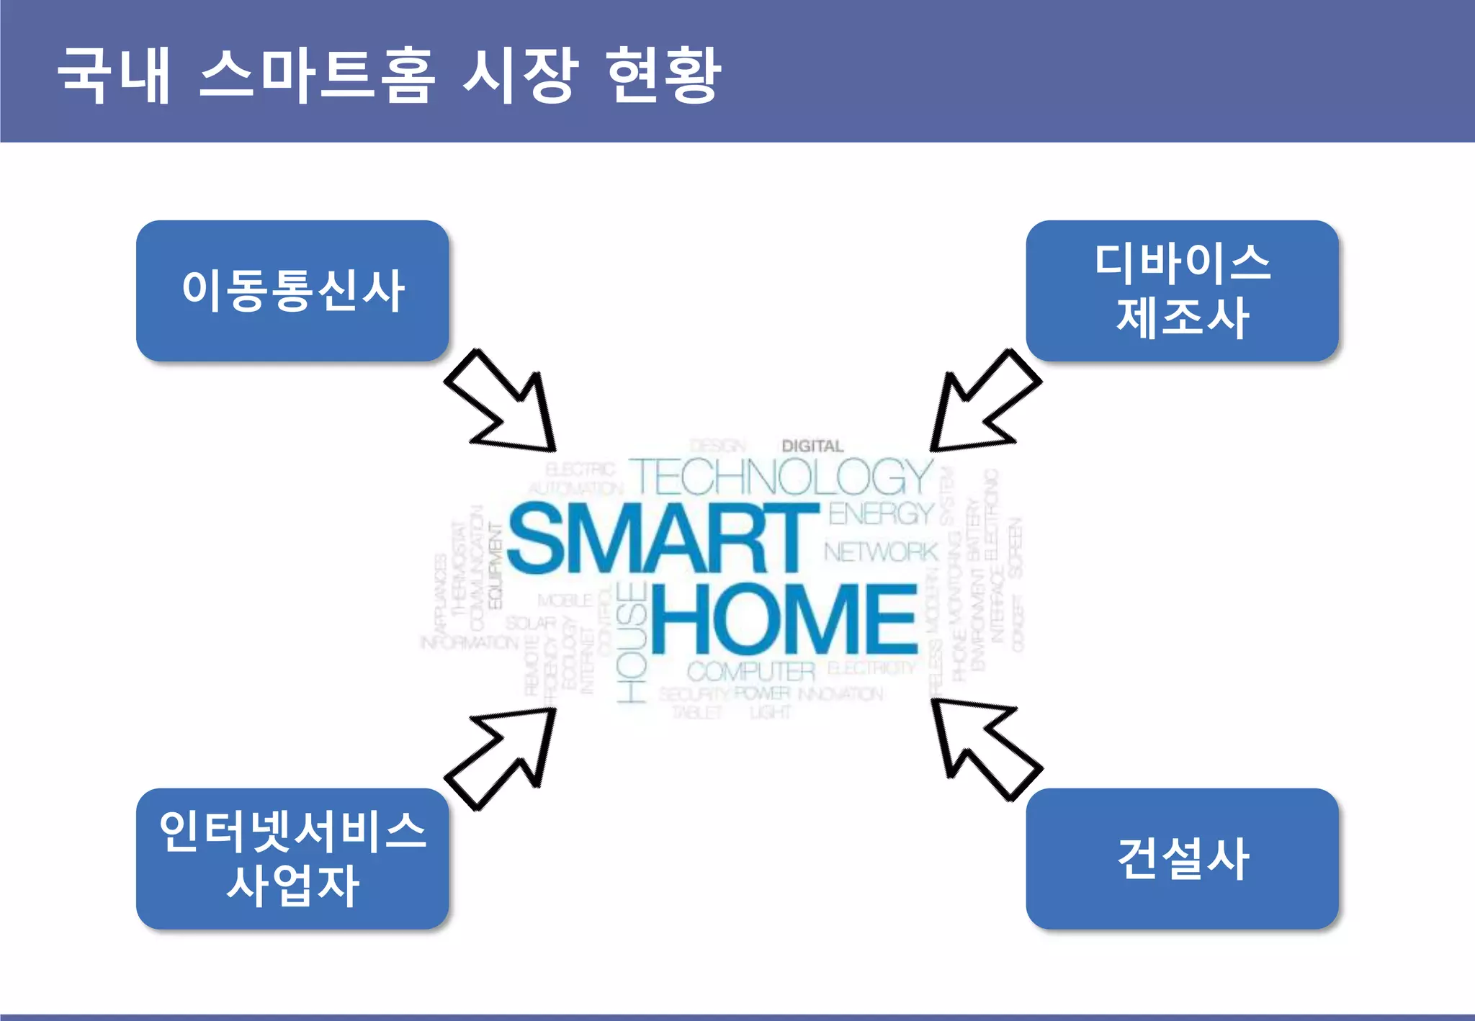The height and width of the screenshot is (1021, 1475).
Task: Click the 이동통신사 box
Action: (292, 291)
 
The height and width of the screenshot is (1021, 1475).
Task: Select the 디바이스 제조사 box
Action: (1182, 291)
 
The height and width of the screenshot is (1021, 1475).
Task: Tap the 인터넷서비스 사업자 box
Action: (292, 858)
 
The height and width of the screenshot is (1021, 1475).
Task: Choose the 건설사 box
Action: (1182, 858)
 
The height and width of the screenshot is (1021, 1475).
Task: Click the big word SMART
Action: (663, 539)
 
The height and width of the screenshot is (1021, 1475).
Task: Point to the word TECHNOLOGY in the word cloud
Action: (782, 477)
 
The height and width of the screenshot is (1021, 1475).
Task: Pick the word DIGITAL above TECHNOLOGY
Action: (812, 446)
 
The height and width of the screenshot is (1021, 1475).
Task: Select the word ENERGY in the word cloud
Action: (881, 513)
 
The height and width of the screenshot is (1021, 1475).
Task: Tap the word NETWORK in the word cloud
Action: (881, 552)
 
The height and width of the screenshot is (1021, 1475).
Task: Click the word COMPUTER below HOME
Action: (750, 672)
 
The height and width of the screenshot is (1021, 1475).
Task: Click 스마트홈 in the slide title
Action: (317, 75)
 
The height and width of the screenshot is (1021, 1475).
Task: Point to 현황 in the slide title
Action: (663, 75)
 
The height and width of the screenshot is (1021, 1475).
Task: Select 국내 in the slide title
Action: (114, 75)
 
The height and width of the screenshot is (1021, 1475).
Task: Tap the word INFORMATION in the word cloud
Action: (469, 642)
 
